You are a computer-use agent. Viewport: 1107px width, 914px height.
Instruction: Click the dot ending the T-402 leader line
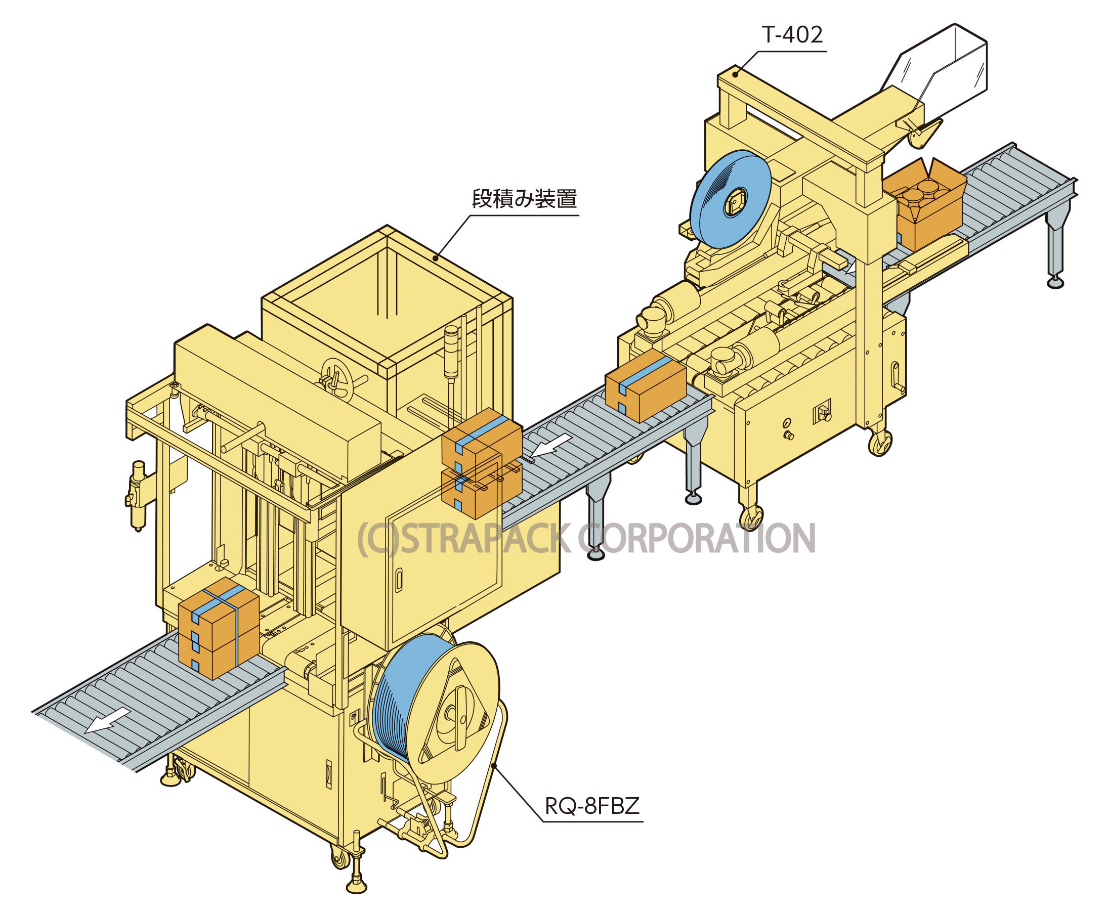[x=737, y=74]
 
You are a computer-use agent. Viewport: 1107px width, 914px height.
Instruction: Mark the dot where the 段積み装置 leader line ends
[x=435, y=257]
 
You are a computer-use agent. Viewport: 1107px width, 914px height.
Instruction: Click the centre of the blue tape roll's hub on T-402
[x=733, y=203]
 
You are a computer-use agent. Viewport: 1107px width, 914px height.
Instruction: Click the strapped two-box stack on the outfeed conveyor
[x=219, y=628]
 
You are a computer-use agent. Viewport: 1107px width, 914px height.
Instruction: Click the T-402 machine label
[x=792, y=35]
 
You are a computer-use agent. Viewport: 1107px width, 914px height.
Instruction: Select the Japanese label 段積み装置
[x=524, y=199]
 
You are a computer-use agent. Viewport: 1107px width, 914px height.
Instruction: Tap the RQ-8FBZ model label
[x=592, y=806]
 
